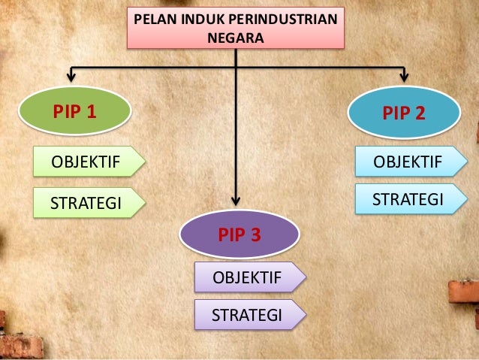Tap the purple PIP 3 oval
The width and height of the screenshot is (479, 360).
click(x=239, y=235)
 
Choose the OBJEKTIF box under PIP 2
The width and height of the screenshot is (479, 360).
click(x=405, y=160)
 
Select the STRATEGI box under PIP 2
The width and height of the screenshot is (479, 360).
click(x=405, y=199)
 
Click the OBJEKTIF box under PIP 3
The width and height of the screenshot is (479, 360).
click(x=247, y=278)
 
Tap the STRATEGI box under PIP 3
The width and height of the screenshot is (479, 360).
click(x=247, y=315)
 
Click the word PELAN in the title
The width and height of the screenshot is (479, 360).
click(x=155, y=19)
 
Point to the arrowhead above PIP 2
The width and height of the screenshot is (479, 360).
click(x=403, y=76)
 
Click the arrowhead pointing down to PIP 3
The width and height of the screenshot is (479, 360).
click(x=236, y=200)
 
